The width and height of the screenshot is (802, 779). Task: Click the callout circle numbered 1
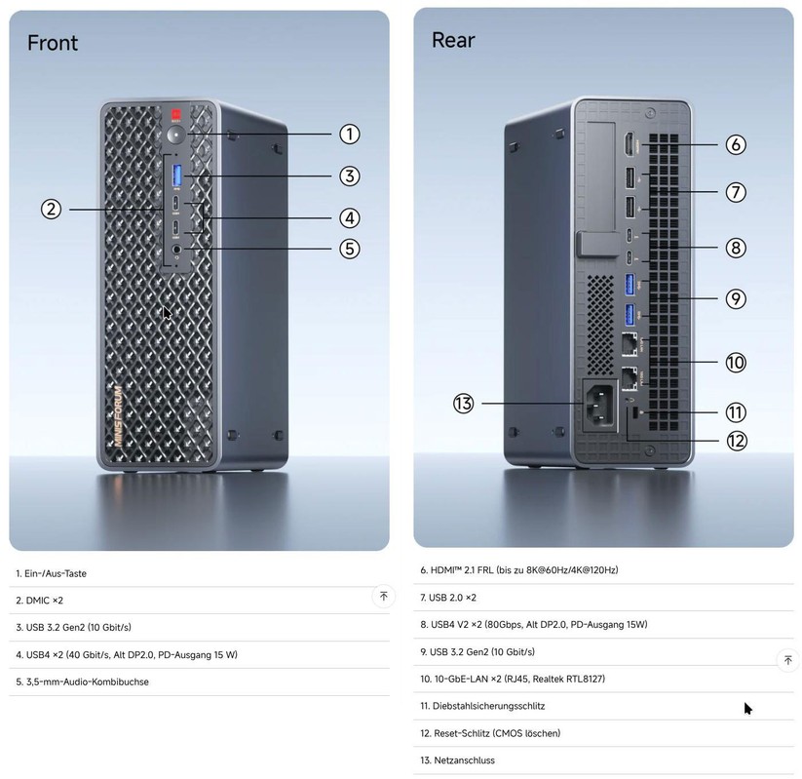[x=350, y=135]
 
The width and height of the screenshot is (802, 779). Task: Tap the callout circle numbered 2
[x=53, y=209]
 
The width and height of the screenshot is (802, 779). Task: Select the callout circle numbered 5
[x=350, y=249]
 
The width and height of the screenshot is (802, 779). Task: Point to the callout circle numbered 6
[x=736, y=144]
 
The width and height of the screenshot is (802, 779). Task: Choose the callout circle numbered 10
[x=736, y=363]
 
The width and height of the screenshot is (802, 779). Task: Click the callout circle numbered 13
[x=464, y=403]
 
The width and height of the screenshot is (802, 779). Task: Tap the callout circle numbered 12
[x=736, y=441]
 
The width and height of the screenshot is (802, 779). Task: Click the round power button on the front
[x=176, y=135]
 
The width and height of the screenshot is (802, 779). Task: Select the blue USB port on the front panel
[x=177, y=175]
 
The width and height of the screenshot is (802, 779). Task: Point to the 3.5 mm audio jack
[x=176, y=250]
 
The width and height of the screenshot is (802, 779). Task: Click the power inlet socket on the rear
[x=600, y=404]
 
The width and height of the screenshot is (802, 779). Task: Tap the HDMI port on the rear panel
[x=630, y=144]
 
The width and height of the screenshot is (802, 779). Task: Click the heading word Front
[x=53, y=43]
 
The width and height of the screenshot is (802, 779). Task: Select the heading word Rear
[x=453, y=40]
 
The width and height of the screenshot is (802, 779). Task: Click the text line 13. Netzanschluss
[x=458, y=760]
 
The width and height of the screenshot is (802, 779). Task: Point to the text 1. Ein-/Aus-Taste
[x=52, y=573]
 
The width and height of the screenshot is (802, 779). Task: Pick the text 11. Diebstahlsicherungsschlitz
[x=482, y=706]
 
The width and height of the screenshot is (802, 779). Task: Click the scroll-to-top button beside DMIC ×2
[x=383, y=596]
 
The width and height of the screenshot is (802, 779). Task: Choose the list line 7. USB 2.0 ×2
[x=448, y=597]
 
